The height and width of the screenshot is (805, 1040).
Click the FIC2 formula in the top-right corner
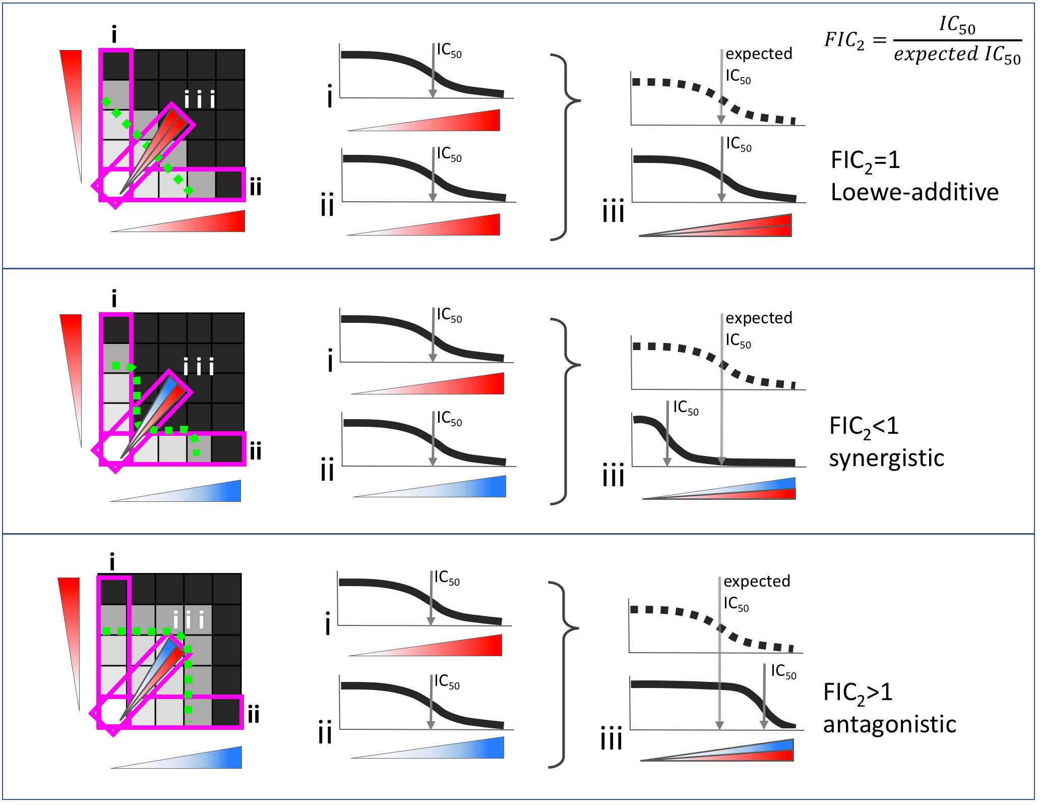point(923,40)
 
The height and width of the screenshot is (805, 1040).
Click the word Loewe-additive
point(914,193)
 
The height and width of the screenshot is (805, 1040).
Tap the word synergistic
point(886,458)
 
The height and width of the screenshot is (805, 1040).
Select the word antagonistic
point(889,724)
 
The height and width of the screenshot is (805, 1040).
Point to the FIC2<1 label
point(864,427)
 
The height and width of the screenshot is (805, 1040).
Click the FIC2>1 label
point(858,693)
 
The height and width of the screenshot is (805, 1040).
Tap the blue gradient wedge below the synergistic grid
point(202,493)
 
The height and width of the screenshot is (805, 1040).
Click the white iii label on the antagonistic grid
point(188,620)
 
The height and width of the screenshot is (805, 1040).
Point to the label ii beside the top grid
point(256,187)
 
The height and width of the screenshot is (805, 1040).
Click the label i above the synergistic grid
point(114,299)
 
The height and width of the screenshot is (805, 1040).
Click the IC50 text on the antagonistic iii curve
point(783,672)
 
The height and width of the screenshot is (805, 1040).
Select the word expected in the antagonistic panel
point(757,581)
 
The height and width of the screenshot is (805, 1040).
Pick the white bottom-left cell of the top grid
point(115,185)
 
